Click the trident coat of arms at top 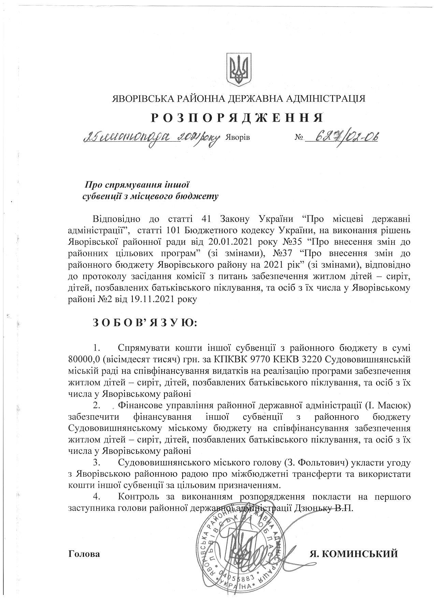239,69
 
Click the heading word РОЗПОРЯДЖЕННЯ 237,117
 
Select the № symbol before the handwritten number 299,138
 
